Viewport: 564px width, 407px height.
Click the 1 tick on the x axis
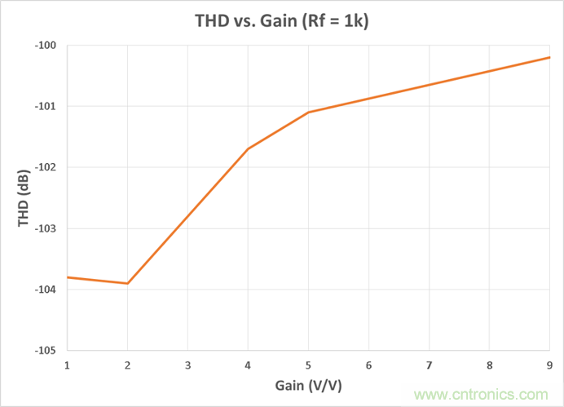pos(67,364)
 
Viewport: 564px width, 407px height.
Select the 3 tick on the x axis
pos(187,364)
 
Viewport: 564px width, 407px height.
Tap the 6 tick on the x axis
pos(368,364)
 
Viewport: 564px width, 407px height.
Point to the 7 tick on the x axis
pos(429,364)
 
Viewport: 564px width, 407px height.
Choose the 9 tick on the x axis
pos(549,364)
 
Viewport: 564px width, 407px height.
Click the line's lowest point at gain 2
pos(127,283)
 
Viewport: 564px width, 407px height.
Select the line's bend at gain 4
pos(248,148)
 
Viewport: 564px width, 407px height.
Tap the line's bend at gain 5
pos(308,112)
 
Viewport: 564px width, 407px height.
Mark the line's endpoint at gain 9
pos(549,57)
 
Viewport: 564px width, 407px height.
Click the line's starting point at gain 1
pos(67,277)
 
